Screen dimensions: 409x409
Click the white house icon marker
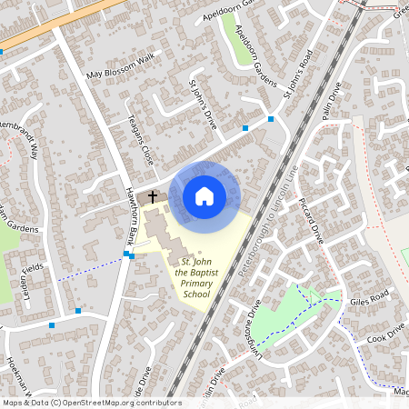[204, 195]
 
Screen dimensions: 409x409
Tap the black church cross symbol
[153, 195]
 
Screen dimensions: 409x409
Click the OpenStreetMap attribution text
[91, 403]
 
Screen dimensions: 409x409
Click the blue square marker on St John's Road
[271, 119]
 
